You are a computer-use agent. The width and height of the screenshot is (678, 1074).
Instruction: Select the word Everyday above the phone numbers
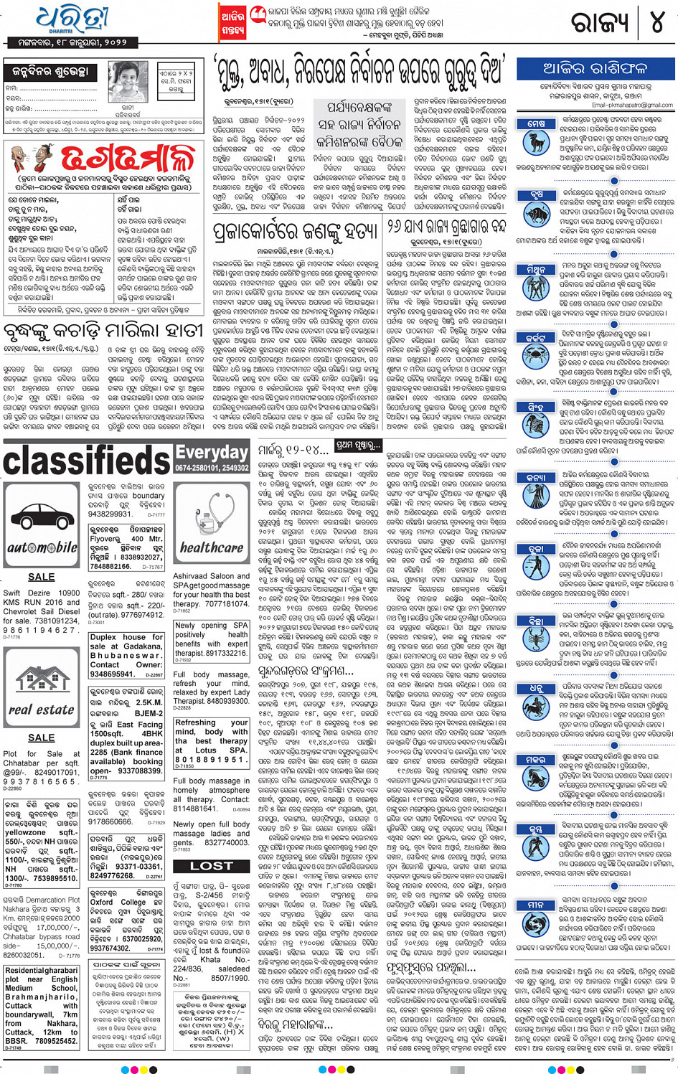tap(212, 452)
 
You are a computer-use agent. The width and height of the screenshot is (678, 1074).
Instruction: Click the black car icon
tap(42, 519)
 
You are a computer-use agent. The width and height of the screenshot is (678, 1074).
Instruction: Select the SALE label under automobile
tap(41, 576)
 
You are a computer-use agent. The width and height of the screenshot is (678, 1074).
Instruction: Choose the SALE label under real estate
tap(41, 737)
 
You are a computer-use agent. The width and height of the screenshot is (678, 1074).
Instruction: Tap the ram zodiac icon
tap(536, 141)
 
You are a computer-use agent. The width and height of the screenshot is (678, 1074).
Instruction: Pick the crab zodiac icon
tap(536, 352)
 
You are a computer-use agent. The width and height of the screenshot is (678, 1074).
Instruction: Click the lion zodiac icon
tap(536, 420)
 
